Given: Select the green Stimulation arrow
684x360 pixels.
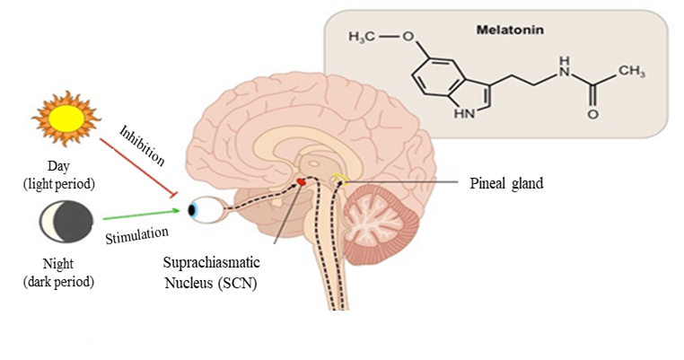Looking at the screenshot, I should point(144,216).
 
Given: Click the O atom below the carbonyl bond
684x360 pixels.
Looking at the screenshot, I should point(593,116).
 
